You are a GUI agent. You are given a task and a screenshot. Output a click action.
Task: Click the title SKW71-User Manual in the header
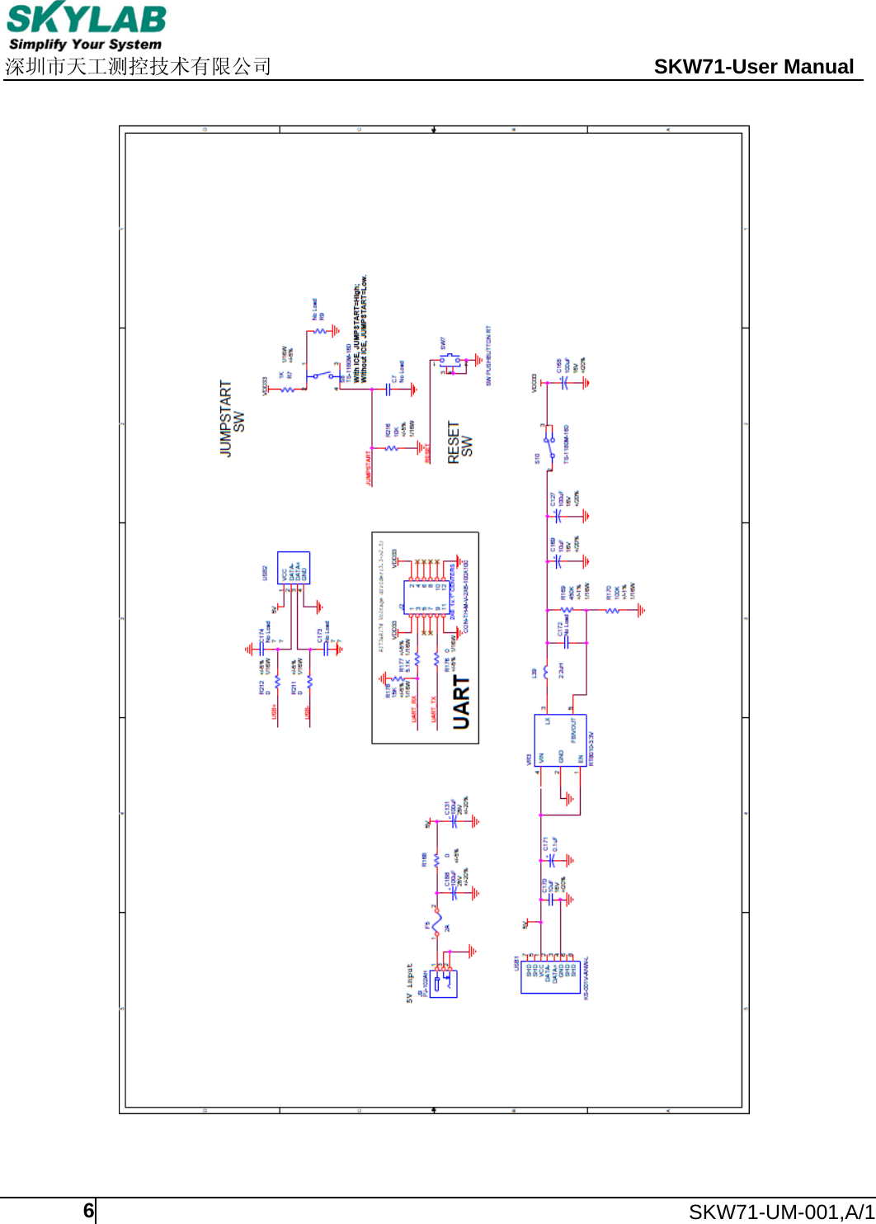[x=753, y=67]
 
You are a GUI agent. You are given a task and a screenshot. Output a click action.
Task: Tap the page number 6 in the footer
[x=88, y=1211]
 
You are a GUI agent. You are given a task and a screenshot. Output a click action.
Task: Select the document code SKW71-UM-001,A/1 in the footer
[x=781, y=1212]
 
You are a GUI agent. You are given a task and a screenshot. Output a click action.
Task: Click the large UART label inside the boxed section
[x=461, y=702]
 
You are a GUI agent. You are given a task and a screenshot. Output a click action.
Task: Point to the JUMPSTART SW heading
[x=232, y=419]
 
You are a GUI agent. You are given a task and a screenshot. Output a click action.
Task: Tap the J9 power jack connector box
[x=443, y=983]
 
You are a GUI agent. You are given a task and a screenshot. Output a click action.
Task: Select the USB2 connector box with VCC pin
[x=293, y=569]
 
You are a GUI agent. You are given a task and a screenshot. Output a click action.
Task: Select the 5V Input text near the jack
[x=409, y=983]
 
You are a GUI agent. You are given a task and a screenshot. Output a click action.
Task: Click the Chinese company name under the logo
[x=138, y=67]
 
